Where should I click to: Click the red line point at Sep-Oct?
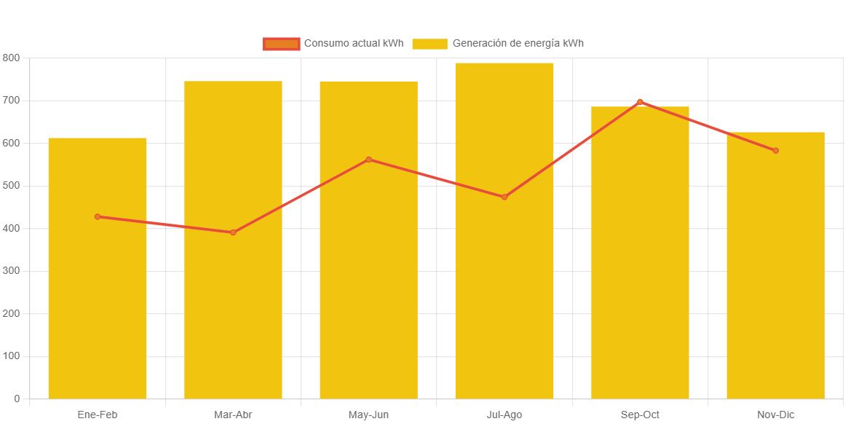point(640,102)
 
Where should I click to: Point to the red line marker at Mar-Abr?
point(233,232)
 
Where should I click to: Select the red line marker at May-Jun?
point(369,160)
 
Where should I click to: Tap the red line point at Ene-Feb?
point(98,216)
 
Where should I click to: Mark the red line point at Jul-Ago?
point(504,197)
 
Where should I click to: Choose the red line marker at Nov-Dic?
point(775,151)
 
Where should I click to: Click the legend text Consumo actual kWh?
point(353,44)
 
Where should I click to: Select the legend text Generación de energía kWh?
point(518,44)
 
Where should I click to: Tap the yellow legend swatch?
point(429,44)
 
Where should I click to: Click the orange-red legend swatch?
point(281,44)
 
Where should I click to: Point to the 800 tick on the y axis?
point(11,58)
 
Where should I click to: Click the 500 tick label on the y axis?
point(11,186)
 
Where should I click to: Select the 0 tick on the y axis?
point(16,399)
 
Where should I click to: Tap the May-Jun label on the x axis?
point(369,415)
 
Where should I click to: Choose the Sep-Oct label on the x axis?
point(640,415)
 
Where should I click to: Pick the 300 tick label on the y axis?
point(11,271)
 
